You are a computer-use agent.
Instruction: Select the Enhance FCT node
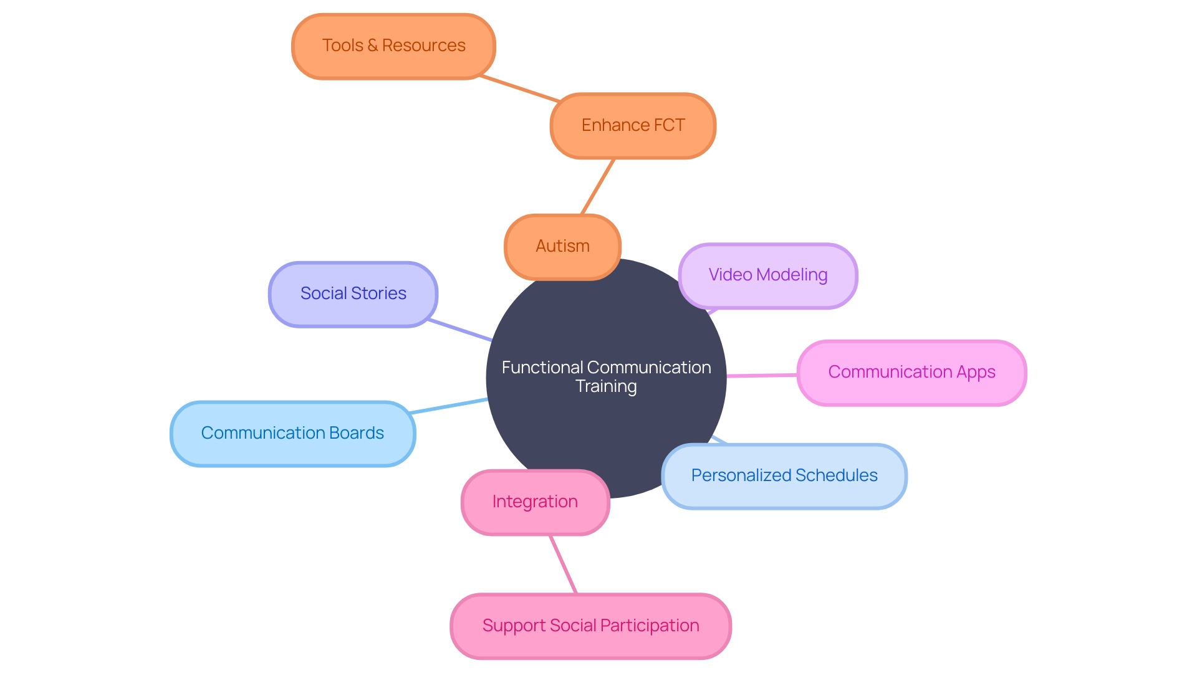633,126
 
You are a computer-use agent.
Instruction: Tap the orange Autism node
562,247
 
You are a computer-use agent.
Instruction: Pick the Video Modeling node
768,275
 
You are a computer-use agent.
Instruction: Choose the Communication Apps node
911,373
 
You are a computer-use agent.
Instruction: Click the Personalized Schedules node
784,476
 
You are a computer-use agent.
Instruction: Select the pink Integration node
535,502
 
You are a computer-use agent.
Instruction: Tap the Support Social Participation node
590,626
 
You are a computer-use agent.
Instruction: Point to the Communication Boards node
292,433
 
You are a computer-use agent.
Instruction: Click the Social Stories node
353,294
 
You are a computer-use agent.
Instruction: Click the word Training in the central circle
606,387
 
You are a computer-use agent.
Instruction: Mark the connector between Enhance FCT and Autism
598,187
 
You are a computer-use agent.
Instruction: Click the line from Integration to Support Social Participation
563,564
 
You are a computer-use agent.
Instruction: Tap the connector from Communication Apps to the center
762,375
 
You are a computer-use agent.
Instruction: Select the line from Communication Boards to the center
449,406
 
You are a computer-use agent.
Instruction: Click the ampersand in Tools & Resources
372,45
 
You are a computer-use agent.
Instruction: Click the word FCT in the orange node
669,125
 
